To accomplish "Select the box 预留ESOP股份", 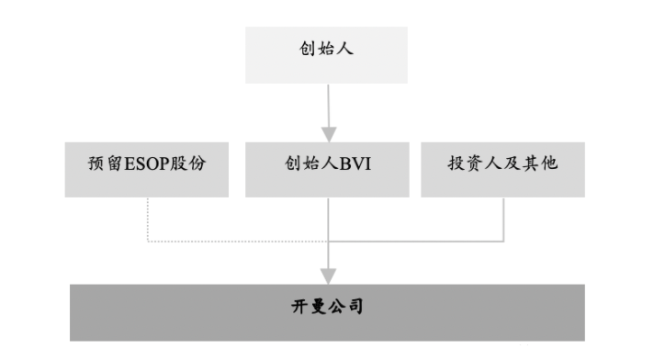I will coord(147,169).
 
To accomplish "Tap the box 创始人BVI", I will coord(327,169).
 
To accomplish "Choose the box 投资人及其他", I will coord(502,169).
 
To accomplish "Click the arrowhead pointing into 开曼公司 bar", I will coord(328,275).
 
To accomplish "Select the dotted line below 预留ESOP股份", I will coord(148,220).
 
